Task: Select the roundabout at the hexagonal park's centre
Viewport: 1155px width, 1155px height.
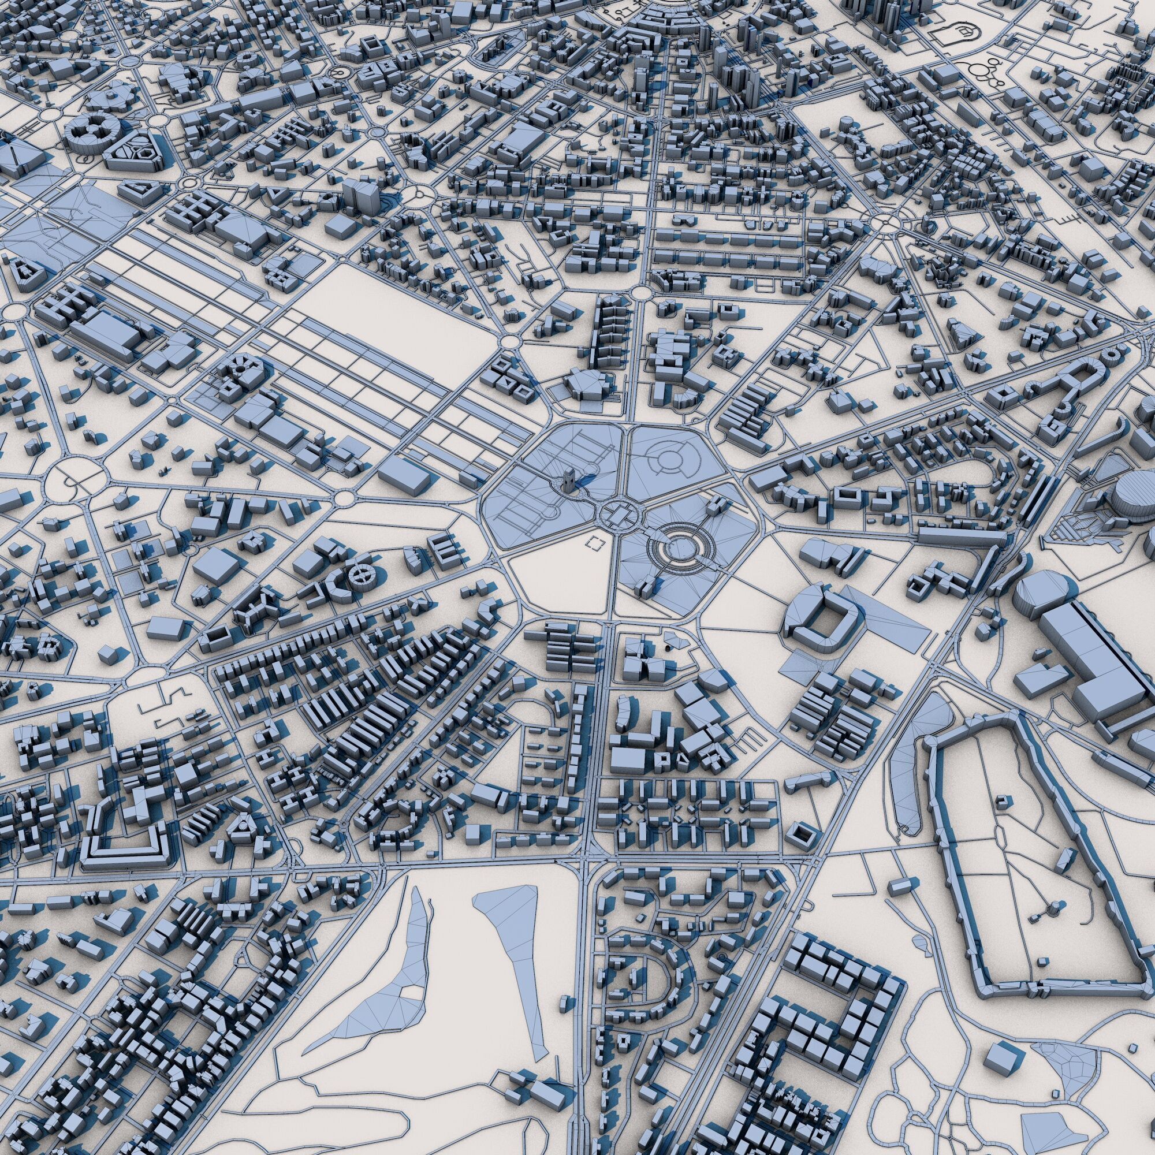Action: point(616,513)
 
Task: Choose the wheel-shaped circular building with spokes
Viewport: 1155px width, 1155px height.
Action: point(363,576)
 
